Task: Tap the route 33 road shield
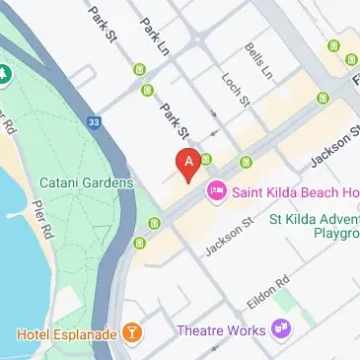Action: coord(94,122)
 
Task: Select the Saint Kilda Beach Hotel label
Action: coord(286,189)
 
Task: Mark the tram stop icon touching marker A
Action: coord(206,159)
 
